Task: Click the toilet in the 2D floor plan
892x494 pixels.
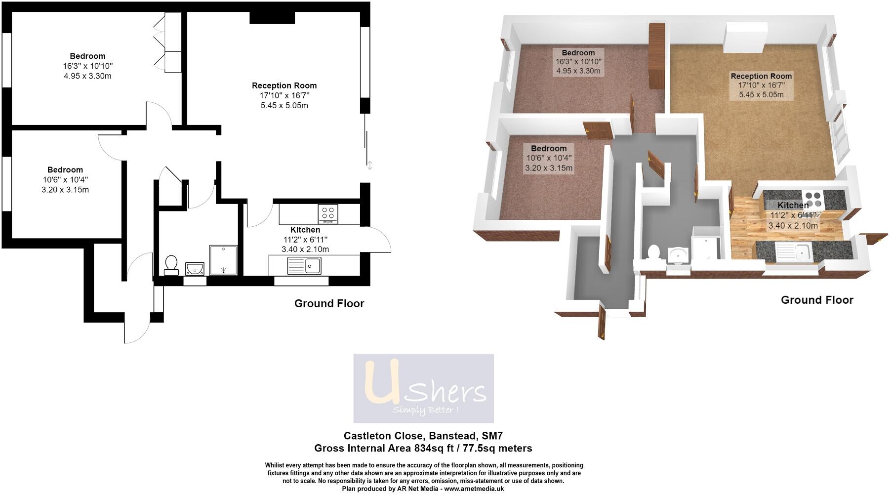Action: click(x=171, y=264)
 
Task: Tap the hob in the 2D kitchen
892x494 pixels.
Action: click(x=328, y=213)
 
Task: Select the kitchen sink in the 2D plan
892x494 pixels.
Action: click(x=304, y=266)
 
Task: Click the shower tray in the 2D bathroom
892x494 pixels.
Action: click(x=223, y=260)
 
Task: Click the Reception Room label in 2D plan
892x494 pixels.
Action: click(x=284, y=85)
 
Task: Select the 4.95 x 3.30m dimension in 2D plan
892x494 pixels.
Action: click(x=87, y=76)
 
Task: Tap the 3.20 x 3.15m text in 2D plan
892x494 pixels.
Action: click(x=65, y=190)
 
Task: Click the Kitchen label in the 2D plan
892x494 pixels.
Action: click(x=305, y=230)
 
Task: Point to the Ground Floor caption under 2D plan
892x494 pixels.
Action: click(x=329, y=303)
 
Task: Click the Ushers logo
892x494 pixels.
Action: click(x=423, y=388)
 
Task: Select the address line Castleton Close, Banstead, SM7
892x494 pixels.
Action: click(x=423, y=436)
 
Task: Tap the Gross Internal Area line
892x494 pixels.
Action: click(x=423, y=449)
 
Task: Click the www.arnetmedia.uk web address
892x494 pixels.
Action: click(x=474, y=489)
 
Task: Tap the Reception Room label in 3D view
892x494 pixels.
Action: click(x=761, y=76)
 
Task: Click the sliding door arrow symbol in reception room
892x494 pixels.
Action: click(x=370, y=165)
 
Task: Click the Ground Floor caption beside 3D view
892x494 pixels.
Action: click(x=817, y=300)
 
